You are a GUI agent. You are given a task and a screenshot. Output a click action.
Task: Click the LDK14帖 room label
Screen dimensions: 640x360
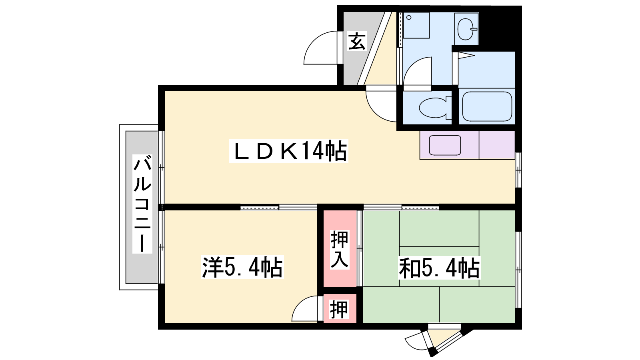[288, 150]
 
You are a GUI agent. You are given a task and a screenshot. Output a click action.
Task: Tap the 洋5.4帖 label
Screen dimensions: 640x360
[242, 267]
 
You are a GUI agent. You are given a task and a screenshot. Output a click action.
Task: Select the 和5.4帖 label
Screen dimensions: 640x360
[439, 268]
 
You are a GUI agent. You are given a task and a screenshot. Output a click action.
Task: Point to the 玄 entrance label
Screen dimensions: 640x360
[357, 41]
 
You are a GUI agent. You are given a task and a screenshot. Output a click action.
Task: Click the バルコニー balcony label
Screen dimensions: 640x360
[142, 204]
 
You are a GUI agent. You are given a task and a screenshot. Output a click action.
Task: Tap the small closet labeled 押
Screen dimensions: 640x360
[339, 310]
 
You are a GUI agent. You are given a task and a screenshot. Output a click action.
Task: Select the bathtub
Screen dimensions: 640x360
[487, 106]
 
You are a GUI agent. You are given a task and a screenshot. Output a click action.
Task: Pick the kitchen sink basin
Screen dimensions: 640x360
[445, 145]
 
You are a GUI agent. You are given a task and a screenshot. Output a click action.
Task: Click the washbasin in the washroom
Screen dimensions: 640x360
[466, 29]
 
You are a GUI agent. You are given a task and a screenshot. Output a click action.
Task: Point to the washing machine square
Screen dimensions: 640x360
[416, 25]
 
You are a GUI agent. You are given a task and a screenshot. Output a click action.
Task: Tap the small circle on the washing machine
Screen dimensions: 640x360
[409, 18]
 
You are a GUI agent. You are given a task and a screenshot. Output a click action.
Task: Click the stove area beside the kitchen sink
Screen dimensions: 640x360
[497, 145]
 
